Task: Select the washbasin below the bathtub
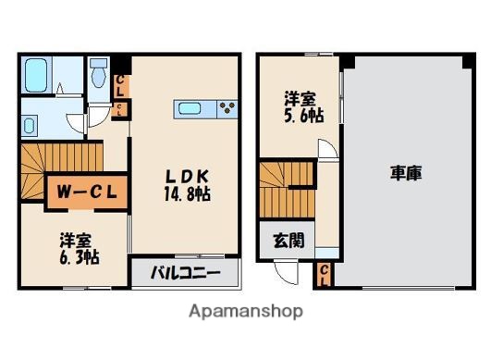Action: (x=30, y=125)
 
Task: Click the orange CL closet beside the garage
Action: (x=325, y=273)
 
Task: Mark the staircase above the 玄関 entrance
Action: (x=282, y=191)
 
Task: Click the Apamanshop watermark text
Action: (x=244, y=312)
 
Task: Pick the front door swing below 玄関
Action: (x=288, y=272)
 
